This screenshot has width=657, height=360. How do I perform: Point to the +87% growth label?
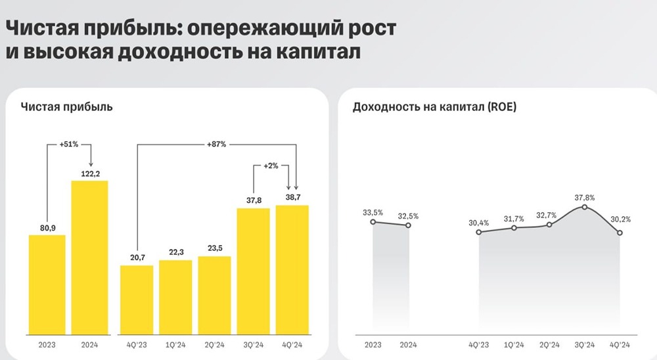[x=216, y=144]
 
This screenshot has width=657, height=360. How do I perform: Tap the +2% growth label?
[x=270, y=166]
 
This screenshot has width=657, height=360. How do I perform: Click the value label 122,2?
[x=89, y=171]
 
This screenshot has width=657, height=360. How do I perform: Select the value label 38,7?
[x=292, y=197]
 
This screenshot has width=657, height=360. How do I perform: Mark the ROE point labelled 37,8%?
[x=585, y=208]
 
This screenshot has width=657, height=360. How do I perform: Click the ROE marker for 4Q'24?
[x=620, y=232]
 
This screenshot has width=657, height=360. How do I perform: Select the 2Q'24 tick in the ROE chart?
[x=549, y=344]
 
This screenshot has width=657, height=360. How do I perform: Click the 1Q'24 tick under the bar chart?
[x=175, y=344]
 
